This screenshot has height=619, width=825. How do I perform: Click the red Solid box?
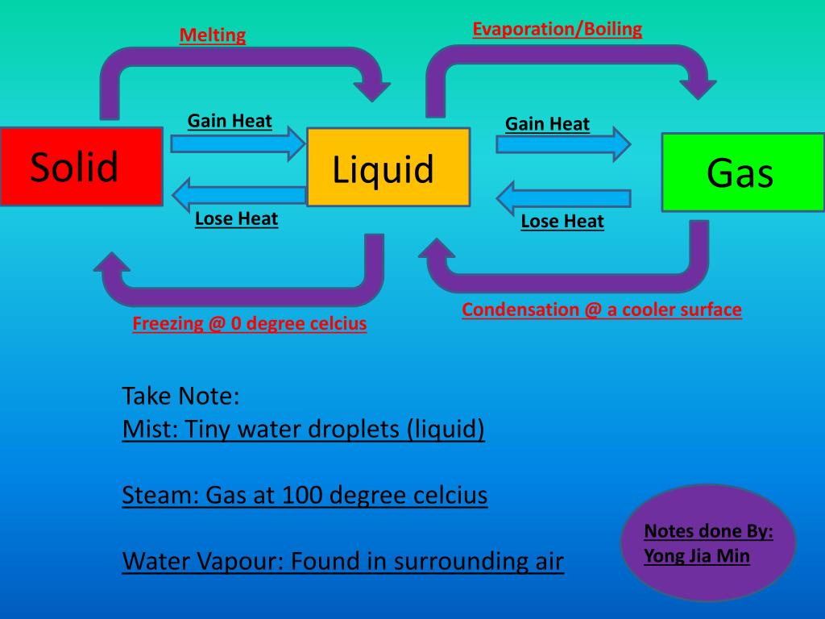pos(81,166)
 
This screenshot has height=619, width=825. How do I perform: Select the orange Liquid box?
pos(388,168)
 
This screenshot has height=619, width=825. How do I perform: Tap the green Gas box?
pos(742,172)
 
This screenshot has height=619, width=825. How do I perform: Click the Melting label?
pos(212,35)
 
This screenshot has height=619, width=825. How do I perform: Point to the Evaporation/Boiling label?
pos(557,30)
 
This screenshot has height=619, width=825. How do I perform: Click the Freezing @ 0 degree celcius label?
pos(250,324)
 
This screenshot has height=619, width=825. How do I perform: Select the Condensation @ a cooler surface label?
pos(601,309)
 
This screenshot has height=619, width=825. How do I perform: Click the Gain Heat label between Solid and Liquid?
pos(230,122)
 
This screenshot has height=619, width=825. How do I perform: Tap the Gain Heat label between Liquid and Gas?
pos(547,124)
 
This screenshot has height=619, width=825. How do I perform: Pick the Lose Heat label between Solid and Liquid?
pos(236,218)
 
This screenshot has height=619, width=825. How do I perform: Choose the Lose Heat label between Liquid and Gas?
pos(562,221)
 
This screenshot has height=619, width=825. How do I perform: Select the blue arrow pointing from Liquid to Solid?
pos(238,194)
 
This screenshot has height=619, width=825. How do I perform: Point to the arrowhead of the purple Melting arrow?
pos(372,85)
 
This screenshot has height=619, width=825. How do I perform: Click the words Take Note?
pos(181,397)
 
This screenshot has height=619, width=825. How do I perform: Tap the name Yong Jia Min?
pos(696,555)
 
